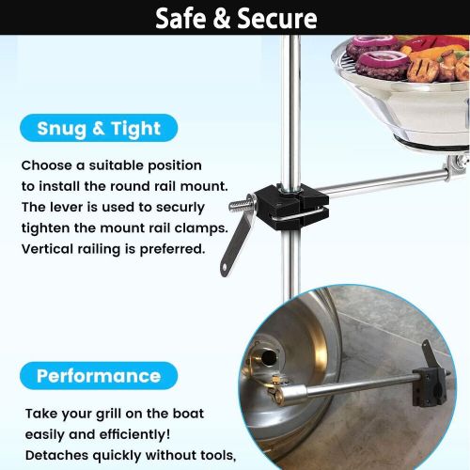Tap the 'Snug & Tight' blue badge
[x=100, y=128]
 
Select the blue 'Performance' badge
[x=99, y=376]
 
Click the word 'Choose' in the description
[x=46, y=164]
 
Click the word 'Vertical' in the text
[x=49, y=248]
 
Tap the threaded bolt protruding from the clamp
[x=240, y=206]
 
